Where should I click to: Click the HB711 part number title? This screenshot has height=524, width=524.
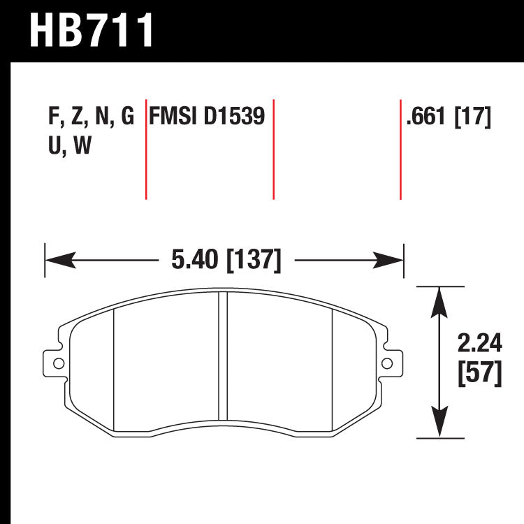click(91, 29)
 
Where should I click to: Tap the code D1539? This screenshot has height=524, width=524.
click(235, 116)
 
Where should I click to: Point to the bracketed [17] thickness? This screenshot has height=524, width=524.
click(473, 116)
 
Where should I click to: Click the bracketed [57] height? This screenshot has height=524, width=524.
click(479, 374)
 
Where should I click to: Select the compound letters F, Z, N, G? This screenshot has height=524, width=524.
click(91, 116)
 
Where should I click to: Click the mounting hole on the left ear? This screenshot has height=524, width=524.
click(57, 362)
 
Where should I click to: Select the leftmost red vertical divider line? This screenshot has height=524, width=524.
click(145, 150)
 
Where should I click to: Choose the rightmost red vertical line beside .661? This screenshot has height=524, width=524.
click(400, 150)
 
